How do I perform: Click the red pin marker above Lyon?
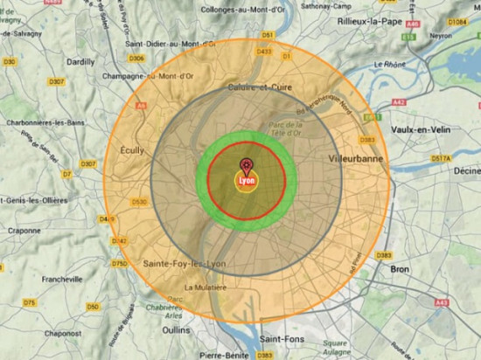click(x=246, y=165)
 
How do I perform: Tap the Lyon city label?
click(x=245, y=180)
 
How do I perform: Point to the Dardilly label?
click(x=81, y=62)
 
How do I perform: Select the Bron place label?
click(x=399, y=269)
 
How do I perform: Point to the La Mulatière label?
click(x=206, y=287)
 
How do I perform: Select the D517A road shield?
click(x=442, y=158)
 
